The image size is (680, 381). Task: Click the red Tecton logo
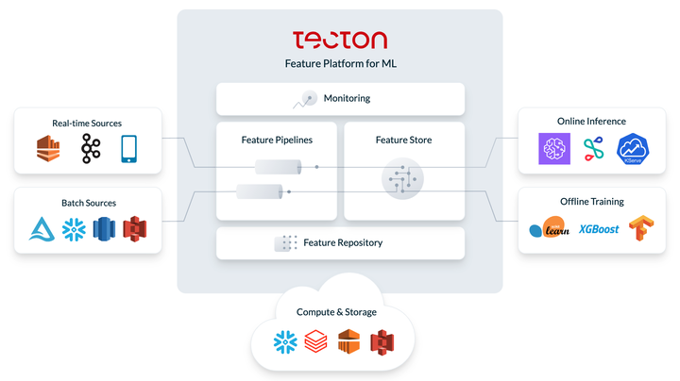(x=340, y=40)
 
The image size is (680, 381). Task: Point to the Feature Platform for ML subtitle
(x=340, y=63)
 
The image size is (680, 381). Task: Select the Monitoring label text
(x=347, y=98)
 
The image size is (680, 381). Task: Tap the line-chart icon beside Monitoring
(x=305, y=99)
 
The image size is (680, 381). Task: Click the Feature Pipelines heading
(x=277, y=140)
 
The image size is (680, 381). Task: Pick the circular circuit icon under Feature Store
(x=402, y=178)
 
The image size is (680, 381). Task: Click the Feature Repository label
(x=343, y=242)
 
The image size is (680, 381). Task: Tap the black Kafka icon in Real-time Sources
(x=91, y=148)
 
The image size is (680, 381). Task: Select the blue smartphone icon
(x=128, y=148)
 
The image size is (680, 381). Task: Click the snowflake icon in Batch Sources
(x=74, y=229)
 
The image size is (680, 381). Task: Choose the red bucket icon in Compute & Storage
(x=382, y=342)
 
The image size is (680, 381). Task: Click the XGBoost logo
(x=599, y=229)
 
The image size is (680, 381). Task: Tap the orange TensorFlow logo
(x=641, y=227)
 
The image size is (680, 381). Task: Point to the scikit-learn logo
(x=549, y=227)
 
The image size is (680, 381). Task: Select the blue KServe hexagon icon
(x=633, y=149)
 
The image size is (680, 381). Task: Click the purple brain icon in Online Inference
(x=554, y=148)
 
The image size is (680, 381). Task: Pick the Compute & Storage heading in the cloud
(x=336, y=312)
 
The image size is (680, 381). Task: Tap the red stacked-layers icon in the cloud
(x=315, y=341)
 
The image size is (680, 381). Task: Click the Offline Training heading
(x=592, y=201)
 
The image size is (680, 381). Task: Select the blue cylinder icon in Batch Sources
(x=104, y=229)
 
